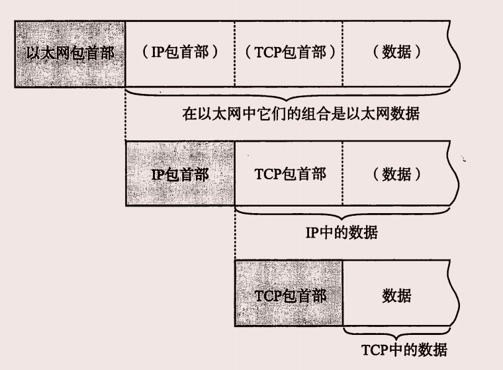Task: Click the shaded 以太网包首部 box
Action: (69, 54)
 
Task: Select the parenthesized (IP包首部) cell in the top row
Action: (179, 54)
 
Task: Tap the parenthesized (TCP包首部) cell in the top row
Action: (289, 54)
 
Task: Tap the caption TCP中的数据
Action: (399, 349)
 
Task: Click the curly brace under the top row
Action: (291, 93)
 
